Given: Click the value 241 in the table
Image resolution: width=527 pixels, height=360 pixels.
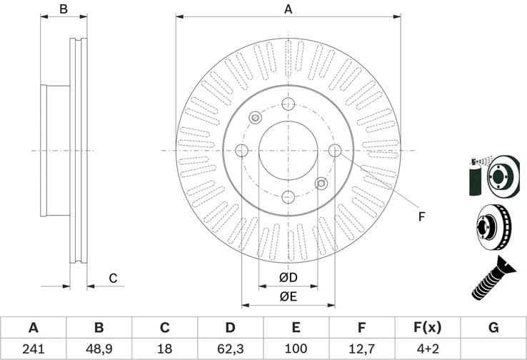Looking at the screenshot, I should coord(33,349).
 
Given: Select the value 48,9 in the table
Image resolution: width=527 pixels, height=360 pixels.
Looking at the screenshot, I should coord(99,349).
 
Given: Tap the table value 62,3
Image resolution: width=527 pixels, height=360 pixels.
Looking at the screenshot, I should coord(230,349).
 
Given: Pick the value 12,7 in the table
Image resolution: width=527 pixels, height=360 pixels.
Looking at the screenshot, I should coord(361,349).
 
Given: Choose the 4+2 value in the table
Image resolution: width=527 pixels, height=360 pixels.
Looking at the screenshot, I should coord(427,349).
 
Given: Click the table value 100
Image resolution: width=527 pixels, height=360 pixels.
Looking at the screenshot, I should coord(296,349).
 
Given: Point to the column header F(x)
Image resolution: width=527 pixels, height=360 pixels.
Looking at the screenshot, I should coord(427,328).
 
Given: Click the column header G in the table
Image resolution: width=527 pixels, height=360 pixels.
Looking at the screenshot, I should coord(493,328).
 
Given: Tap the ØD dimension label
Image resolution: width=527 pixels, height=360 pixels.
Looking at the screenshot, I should coord(288,277).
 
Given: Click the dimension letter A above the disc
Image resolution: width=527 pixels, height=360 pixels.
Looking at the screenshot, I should coord(288,9).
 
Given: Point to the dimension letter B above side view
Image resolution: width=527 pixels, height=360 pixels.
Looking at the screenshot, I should coord(64,9).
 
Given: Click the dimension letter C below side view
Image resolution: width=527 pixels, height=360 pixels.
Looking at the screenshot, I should coord(112,278).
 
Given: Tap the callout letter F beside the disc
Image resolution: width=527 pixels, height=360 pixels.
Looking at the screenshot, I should coord(421,216).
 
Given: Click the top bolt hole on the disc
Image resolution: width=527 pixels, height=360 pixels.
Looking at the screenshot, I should coord(288,104).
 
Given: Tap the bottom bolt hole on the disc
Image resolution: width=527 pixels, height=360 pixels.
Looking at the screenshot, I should coord(288,196).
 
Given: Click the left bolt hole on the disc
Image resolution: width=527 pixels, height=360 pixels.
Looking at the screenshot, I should coord(241,150).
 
